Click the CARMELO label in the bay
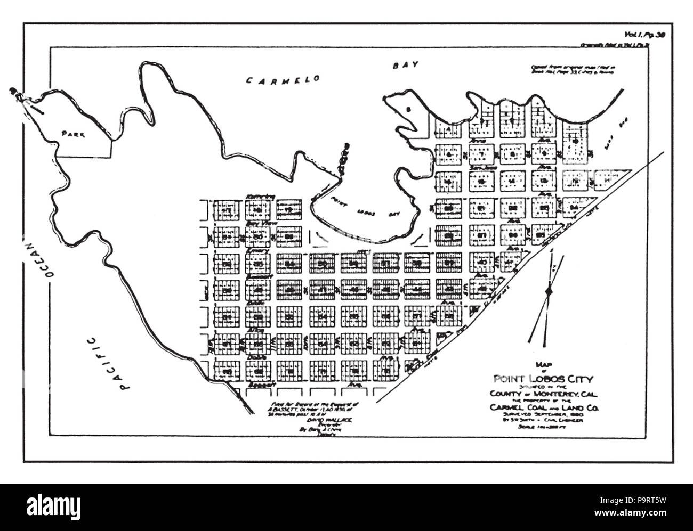click(x=285, y=80)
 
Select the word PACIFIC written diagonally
click(x=104, y=365)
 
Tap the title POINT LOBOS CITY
click(x=538, y=380)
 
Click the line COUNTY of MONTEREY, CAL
click(x=538, y=393)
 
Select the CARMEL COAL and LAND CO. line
click(x=538, y=407)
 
